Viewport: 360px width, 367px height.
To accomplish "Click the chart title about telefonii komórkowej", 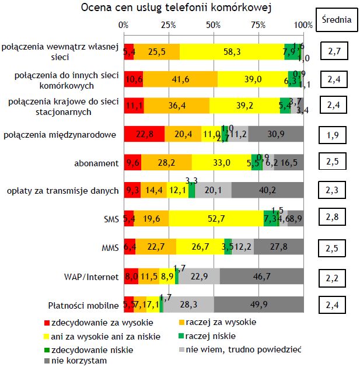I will click(x=176, y=8).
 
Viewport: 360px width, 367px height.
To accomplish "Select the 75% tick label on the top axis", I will click(x=258, y=25).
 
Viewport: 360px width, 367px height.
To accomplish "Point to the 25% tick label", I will click(x=168, y=25).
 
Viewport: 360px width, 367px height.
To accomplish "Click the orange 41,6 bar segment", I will click(x=180, y=79).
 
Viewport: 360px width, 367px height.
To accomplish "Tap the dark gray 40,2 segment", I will click(x=267, y=190).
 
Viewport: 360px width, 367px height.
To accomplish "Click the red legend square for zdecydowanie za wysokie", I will click(x=47, y=323).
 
